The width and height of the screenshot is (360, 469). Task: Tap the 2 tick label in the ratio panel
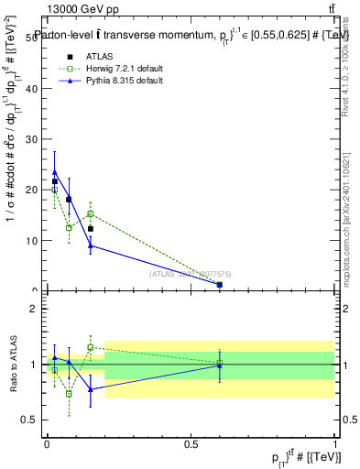tap(35, 309)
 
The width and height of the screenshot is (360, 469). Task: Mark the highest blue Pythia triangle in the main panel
tap(55, 172)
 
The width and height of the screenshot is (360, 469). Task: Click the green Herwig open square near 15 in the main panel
tap(90, 213)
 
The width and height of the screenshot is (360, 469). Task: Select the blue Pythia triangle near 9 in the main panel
tap(90, 245)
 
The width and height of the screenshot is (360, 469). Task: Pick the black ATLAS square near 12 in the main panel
tap(90, 229)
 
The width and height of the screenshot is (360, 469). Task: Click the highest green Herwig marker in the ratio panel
tap(90, 347)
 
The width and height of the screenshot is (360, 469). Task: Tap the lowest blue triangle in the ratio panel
tap(90, 389)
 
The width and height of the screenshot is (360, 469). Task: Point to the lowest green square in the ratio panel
tap(69, 394)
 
